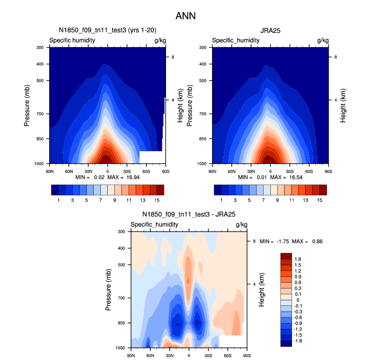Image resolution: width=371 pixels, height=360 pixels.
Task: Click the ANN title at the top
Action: point(185,16)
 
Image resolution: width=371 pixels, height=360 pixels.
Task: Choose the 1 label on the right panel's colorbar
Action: point(221,200)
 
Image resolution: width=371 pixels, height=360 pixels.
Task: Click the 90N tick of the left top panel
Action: point(49,170)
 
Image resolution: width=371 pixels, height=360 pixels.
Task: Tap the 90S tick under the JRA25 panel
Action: point(328,170)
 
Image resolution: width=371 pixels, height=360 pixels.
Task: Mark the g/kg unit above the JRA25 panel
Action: point(322,40)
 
